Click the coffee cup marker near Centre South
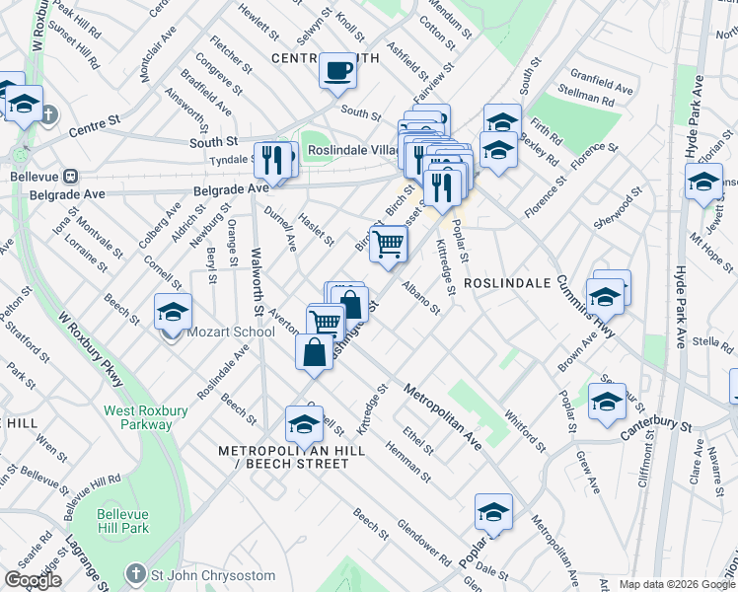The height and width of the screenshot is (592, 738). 338,71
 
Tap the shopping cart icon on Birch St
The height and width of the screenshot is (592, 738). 389,244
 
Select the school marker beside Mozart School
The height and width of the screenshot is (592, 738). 173,312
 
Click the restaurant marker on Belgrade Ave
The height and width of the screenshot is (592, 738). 274,160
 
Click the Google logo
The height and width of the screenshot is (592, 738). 34,580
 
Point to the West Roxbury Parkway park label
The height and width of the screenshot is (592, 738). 138,415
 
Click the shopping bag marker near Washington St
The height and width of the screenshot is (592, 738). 313,353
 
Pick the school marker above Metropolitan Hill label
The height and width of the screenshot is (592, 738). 303,424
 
